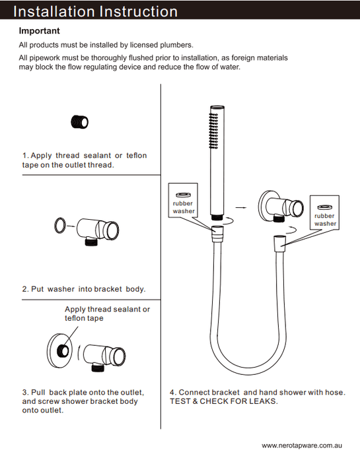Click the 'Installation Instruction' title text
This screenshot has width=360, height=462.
coord(95,11)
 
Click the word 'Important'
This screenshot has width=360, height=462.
coord(39,30)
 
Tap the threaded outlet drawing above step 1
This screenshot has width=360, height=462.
coord(80,121)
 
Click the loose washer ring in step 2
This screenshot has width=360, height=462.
coord(59,226)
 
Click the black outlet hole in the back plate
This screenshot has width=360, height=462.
coord(63,350)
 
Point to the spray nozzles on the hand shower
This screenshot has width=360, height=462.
coord(213,131)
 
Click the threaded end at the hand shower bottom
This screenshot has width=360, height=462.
coord(217,217)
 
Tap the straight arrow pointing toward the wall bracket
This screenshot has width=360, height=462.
coord(241,207)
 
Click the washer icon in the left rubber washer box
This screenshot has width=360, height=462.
coord(183,195)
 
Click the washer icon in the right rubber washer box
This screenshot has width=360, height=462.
coord(325,207)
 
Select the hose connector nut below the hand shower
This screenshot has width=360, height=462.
coord(217,234)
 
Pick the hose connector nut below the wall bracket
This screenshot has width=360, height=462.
coord(279,244)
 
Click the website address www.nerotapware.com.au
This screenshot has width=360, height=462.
coord(302,445)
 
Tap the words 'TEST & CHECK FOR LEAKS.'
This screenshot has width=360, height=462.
coord(224,401)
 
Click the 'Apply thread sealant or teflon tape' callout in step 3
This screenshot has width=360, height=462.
coord(107,313)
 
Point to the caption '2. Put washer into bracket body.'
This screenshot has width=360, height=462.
coord(84,289)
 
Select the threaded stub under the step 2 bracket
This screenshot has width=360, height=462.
coord(91,242)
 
